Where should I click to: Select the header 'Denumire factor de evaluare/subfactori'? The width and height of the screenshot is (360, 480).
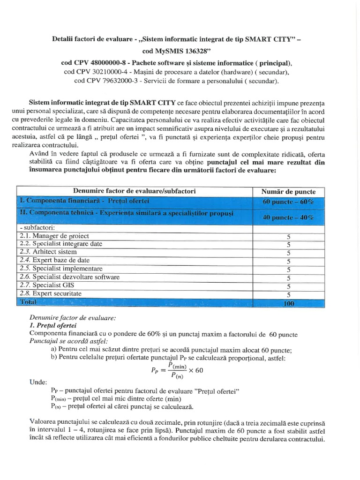click(x=135, y=191)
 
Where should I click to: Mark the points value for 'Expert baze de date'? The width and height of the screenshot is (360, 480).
click(x=288, y=261)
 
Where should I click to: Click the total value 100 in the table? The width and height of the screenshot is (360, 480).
click(x=288, y=303)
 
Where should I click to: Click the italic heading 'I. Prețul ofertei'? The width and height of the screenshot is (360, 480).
click(x=53, y=325)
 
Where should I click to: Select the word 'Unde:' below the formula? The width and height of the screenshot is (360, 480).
click(x=38, y=382)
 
